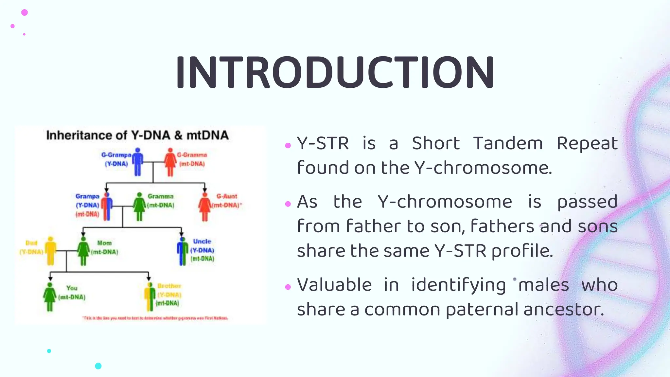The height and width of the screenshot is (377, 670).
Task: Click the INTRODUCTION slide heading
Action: (335, 73)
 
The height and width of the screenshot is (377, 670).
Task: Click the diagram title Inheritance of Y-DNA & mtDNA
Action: (137, 135)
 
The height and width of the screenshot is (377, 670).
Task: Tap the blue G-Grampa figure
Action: (138, 162)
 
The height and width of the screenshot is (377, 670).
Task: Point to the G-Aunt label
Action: (227, 196)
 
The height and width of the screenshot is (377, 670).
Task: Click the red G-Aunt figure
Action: (205, 207)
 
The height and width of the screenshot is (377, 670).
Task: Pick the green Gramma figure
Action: (139, 207)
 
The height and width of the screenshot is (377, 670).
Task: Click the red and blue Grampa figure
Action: (107, 207)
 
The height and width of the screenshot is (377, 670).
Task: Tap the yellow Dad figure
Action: (50, 251)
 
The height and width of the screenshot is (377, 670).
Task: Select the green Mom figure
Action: (83, 251)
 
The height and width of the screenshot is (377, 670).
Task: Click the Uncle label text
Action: (202, 242)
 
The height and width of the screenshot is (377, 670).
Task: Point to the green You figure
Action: (50, 296)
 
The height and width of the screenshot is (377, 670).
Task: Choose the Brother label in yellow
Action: (169, 286)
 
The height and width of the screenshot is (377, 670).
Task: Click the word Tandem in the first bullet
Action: (508, 143)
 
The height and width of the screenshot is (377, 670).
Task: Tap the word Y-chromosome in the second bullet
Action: (445, 202)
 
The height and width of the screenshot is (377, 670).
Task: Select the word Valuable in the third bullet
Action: (334, 285)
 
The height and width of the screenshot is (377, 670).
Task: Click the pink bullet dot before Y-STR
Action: (288, 146)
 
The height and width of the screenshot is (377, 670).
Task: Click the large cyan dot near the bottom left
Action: (98, 366)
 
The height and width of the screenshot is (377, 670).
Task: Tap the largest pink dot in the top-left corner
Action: (25, 12)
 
